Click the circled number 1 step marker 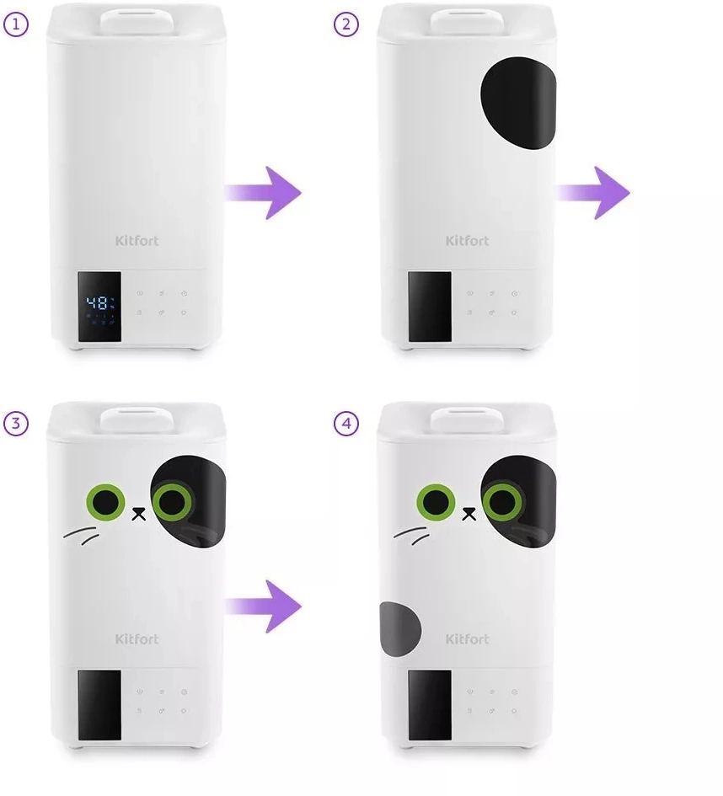(x=16, y=24)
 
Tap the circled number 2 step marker (x=346, y=24)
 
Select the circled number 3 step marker (x=16, y=423)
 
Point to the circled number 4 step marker (x=346, y=423)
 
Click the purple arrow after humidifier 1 (x=263, y=192)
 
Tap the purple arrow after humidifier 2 (x=593, y=192)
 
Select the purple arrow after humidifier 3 (x=263, y=606)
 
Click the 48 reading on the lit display (x=97, y=303)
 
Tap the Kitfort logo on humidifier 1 (x=137, y=241)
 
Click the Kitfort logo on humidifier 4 (x=467, y=639)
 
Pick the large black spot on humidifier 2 (x=519, y=103)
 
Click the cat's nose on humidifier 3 (x=138, y=514)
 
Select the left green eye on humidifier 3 (x=105, y=502)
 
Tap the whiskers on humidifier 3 (x=81, y=535)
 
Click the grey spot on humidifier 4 (x=400, y=629)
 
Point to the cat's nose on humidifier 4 (x=469, y=514)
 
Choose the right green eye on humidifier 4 (x=502, y=502)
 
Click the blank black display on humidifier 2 (x=430, y=307)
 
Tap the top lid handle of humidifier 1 (x=137, y=21)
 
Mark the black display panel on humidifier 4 (x=430, y=705)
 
